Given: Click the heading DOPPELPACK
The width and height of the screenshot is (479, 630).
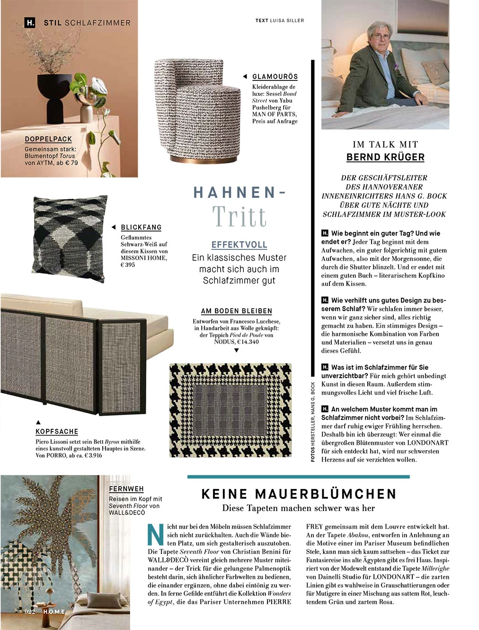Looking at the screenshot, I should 48,139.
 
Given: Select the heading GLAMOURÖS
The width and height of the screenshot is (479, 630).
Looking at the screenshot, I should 275,77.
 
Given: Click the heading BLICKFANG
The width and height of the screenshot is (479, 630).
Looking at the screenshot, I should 141,228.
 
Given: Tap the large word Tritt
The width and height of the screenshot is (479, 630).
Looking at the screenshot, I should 239,217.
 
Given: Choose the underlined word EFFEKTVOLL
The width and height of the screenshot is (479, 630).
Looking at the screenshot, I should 239,245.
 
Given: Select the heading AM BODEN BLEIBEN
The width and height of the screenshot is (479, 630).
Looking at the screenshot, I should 237,311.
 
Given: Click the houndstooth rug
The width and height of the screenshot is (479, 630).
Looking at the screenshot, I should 231,410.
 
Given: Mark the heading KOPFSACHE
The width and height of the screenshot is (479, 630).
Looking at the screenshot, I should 57,432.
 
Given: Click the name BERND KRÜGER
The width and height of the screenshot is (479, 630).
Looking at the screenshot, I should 385,157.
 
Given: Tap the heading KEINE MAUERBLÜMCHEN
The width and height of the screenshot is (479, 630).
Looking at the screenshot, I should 299,494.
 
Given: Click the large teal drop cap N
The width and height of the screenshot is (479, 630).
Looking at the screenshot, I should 156,535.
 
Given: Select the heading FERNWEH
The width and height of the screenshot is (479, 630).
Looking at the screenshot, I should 126,489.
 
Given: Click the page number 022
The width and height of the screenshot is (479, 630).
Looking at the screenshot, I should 30,612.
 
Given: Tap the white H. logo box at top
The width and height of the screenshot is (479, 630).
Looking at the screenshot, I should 30,22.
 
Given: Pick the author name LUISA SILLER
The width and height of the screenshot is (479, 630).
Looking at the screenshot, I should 287,20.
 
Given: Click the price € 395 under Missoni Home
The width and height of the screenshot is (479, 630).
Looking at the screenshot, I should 128,265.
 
